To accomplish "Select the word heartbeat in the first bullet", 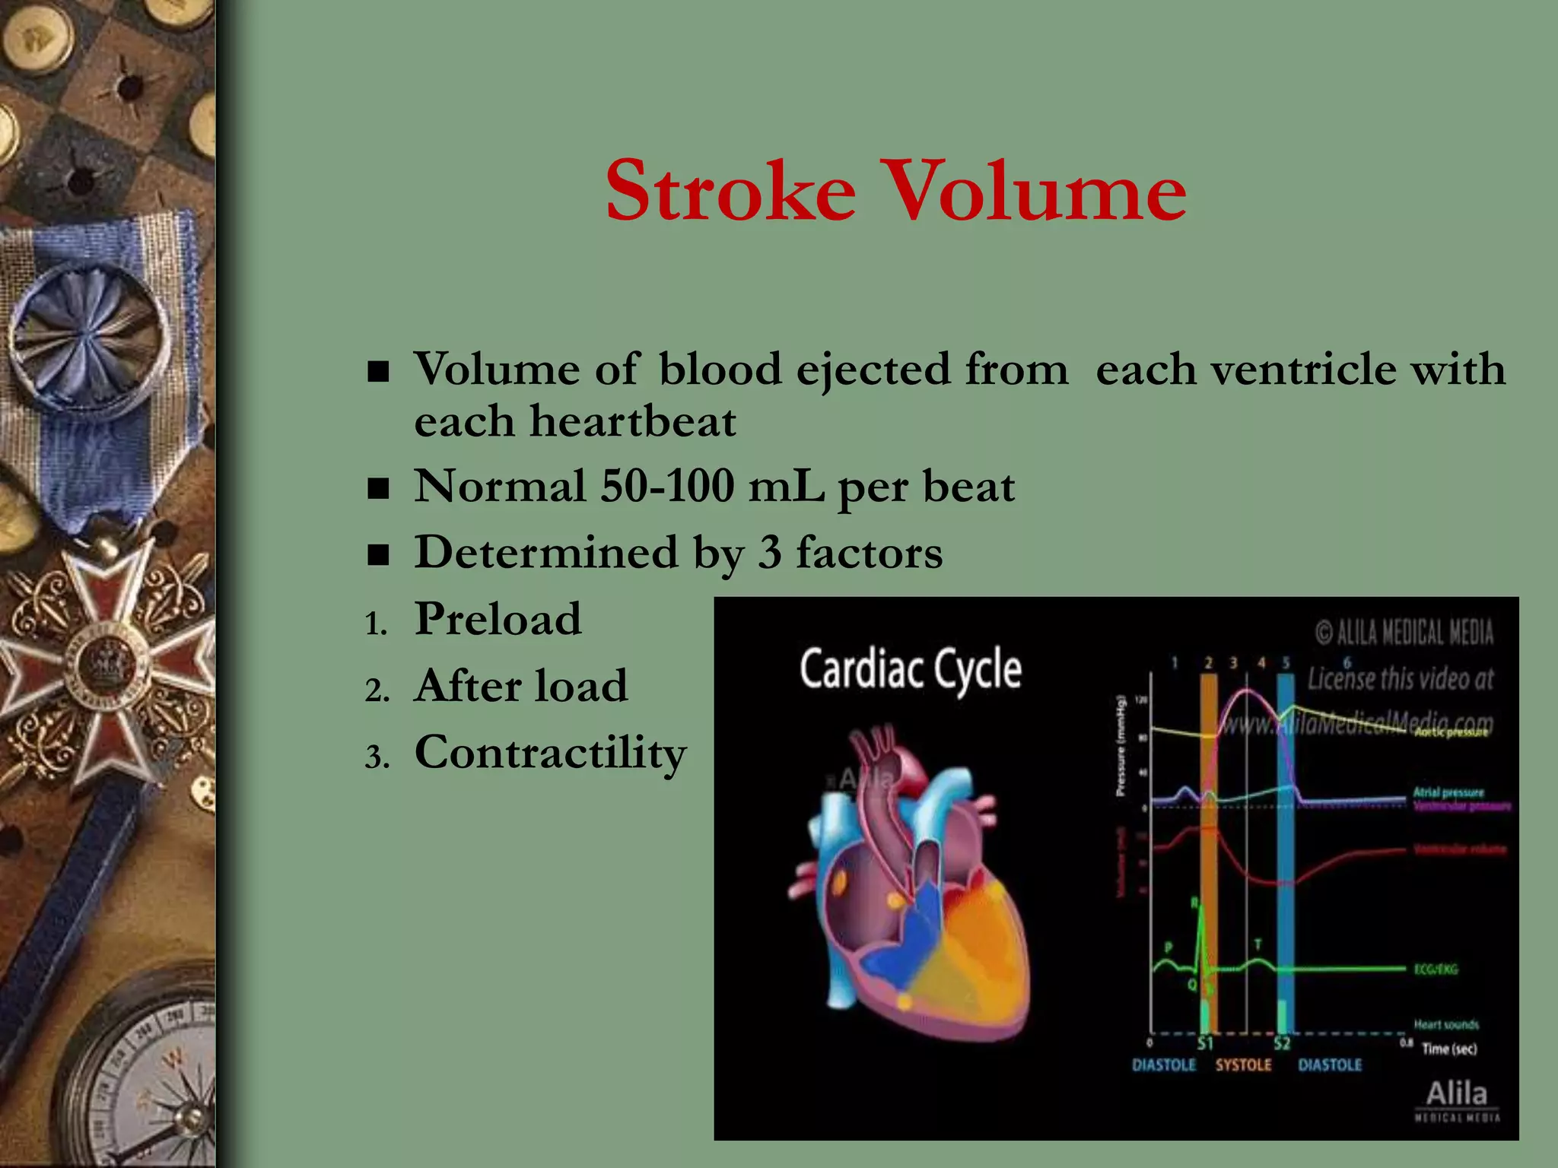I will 633,422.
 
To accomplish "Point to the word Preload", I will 498,619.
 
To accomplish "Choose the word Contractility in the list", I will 550,753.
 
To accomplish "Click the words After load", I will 521,686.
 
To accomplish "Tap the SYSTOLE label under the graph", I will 1243,1065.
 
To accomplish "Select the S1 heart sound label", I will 1205,1043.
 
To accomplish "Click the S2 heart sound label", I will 1283,1043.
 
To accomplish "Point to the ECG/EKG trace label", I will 1436,970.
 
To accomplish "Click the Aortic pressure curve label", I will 1451,732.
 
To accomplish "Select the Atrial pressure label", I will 1448,792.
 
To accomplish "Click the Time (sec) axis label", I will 1448,1049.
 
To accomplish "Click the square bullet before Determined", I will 378,555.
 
